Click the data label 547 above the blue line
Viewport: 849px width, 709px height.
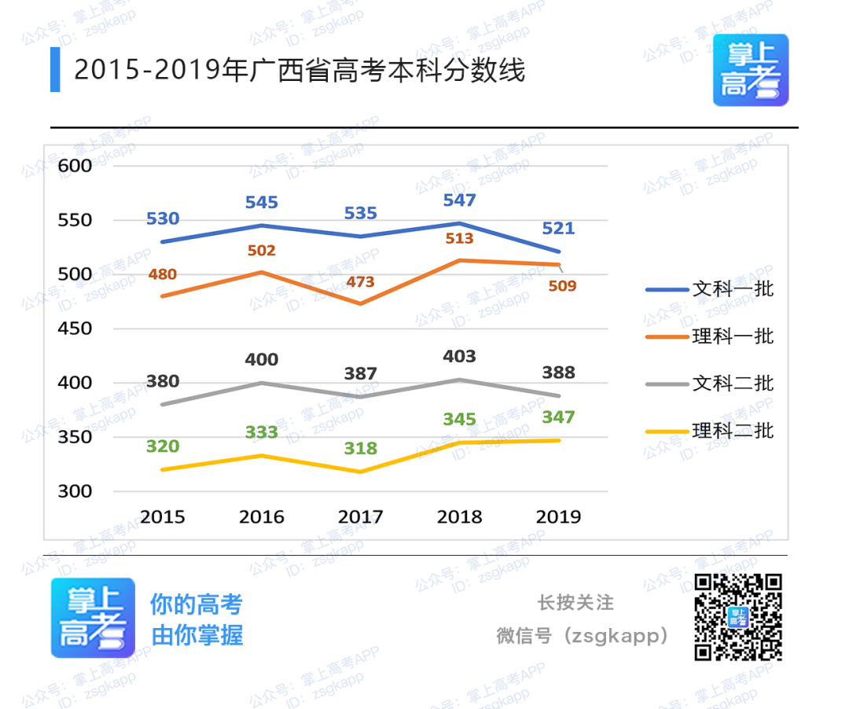tap(459, 200)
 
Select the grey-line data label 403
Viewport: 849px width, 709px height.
tap(459, 357)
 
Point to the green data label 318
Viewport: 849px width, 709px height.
tap(360, 449)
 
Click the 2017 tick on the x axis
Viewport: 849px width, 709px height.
tap(360, 517)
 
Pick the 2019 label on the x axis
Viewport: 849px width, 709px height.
tap(558, 517)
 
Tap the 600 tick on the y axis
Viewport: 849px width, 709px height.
tap(75, 166)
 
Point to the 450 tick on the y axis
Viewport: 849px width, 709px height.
tap(75, 329)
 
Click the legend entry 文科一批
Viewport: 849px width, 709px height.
tap(733, 289)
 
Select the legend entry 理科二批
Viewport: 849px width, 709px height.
tap(733, 431)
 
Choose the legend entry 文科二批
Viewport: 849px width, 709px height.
tap(733, 384)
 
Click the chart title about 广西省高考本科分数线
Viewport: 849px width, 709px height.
tap(299, 71)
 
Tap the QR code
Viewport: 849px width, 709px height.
tap(738, 617)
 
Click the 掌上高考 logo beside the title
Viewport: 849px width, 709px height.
tap(750, 70)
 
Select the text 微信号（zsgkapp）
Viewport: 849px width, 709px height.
tap(583, 635)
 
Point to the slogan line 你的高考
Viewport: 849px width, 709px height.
tap(197, 604)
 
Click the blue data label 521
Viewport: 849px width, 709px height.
tap(558, 230)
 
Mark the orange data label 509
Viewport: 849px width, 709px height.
tap(562, 286)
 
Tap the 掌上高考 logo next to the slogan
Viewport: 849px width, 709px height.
tap(93, 618)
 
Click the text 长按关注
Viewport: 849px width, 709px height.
tap(575, 603)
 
